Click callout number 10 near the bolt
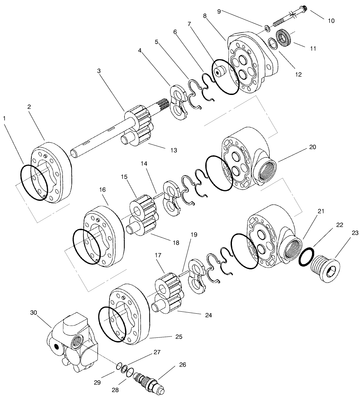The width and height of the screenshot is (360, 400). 331,21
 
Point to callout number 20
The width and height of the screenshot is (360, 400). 312,147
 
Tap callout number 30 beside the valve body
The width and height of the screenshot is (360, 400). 34,312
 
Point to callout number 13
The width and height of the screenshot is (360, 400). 173,150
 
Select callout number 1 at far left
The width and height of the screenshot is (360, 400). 4,118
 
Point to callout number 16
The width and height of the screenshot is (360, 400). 102,190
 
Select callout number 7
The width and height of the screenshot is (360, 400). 189,24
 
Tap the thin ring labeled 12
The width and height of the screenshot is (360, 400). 272,43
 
